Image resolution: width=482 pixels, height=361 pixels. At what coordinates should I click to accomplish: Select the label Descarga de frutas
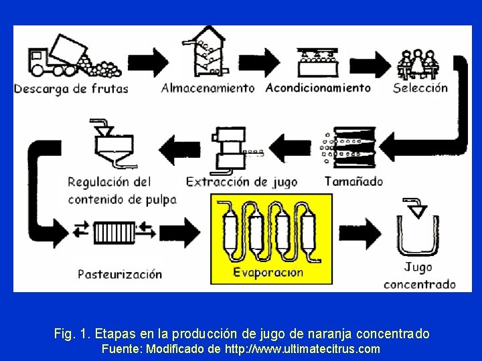[71, 88]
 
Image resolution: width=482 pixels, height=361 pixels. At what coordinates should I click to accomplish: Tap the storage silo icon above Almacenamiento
[207, 53]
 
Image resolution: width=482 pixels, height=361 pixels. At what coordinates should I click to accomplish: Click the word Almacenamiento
[208, 88]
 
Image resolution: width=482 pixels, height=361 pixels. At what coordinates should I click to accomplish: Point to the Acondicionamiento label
[318, 88]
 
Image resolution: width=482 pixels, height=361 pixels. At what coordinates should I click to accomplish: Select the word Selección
[420, 88]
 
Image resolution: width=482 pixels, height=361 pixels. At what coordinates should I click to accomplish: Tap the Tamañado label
[353, 180]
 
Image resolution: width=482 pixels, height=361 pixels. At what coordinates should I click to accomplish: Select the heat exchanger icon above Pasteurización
[114, 232]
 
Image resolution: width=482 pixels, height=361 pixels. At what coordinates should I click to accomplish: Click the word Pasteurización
[120, 273]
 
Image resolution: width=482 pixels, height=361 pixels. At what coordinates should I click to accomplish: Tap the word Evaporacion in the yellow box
[268, 272]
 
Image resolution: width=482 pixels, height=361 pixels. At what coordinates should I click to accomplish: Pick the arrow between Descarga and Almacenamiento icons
[157, 62]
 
